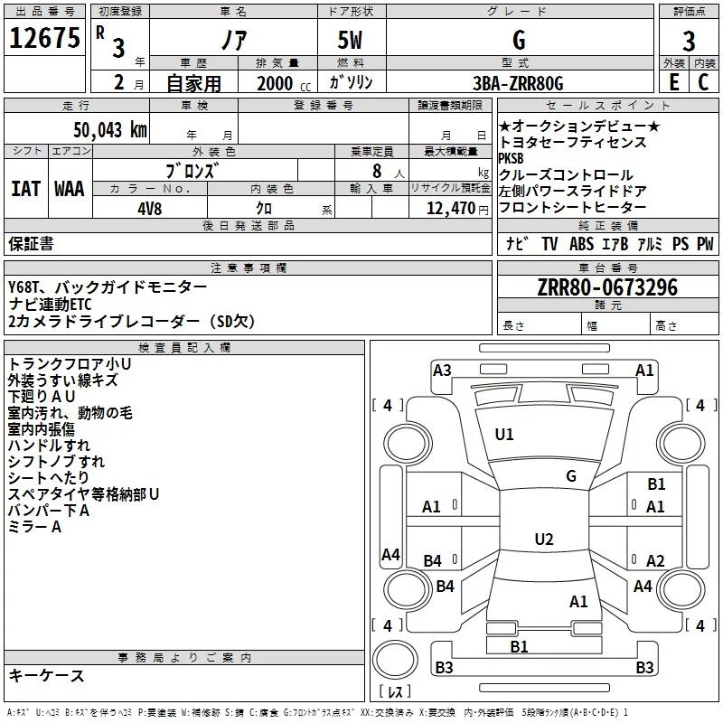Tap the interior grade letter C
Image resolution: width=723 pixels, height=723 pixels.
pos(704,82)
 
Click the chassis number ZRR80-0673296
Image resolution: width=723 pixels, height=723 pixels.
pos(607,288)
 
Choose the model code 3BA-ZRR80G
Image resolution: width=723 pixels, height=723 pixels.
pos(518,83)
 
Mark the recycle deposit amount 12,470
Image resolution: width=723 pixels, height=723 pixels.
pos(450,208)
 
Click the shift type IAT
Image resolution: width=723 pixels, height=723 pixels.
pos(25,189)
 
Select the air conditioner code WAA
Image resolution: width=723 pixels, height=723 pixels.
pos(69,189)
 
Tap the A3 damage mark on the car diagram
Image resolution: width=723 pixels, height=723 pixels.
pos(442,370)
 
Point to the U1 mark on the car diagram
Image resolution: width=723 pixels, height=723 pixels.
pos(504,435)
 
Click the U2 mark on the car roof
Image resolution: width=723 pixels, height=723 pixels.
pos(543,540)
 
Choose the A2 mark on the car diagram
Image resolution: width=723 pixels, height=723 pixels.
pos(655,560)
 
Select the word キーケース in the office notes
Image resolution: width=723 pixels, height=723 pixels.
pos(46,676)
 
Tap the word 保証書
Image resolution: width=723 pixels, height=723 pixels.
pos(31,243)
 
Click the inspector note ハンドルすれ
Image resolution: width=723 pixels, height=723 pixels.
pos(49,446)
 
